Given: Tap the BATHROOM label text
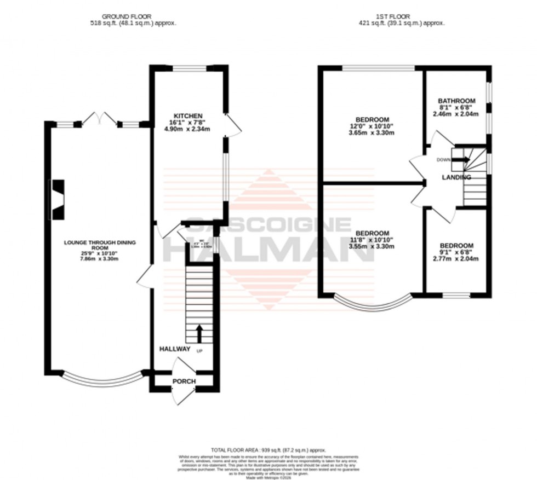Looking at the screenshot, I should click(456, 101).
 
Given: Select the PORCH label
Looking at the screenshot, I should click(184, 381).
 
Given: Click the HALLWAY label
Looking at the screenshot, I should click(175, 349).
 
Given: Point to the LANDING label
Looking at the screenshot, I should click(456, 177).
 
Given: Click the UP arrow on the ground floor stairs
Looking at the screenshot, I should click(198, 332).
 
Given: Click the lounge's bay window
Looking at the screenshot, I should click(101, 377).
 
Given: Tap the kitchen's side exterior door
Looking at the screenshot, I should click(232, 125).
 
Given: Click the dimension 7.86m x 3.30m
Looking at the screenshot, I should click(99, 259).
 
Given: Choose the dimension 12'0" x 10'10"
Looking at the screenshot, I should click(372, 126).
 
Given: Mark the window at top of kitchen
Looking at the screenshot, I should click(189, 68).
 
